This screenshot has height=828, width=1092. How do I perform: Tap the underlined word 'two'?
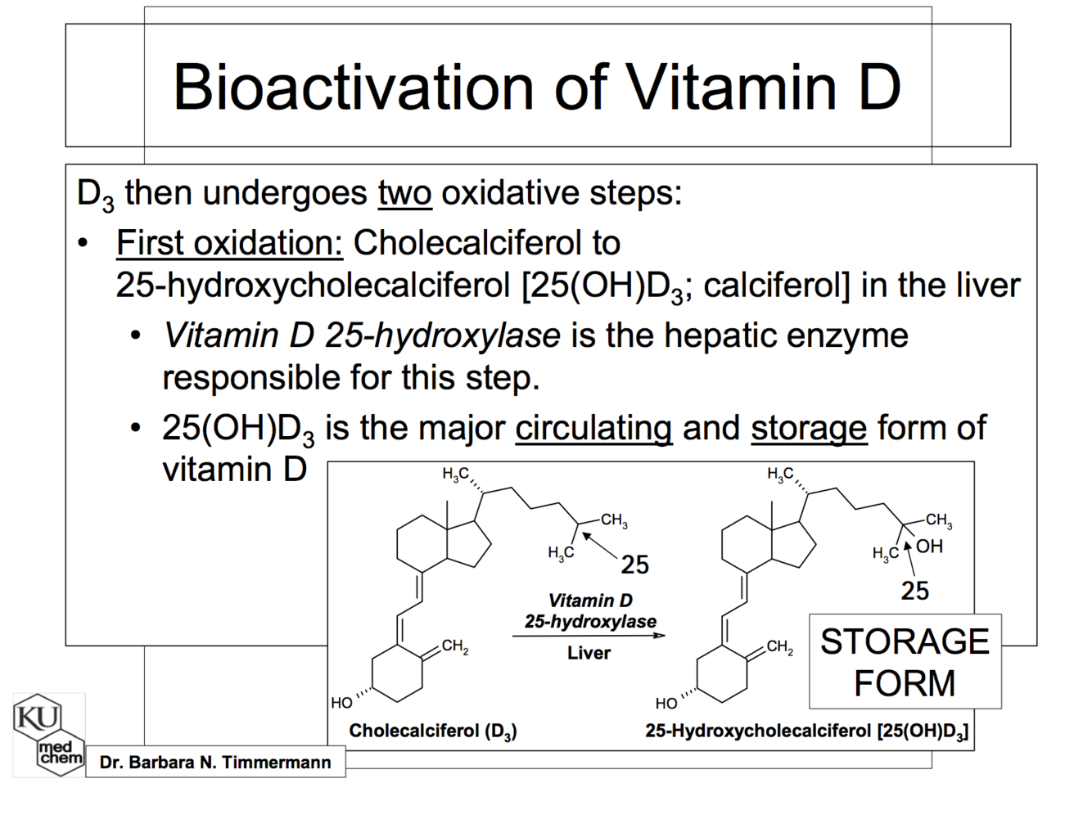coord(404,193)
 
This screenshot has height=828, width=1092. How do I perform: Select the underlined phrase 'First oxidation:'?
coord(229,243)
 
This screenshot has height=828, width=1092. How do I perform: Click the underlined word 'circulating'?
coord(593,428)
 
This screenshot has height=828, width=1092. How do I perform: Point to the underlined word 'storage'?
coord(808,428)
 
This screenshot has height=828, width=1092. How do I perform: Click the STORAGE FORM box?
coord(905,661)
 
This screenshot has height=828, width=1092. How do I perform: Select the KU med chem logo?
coord(49,735)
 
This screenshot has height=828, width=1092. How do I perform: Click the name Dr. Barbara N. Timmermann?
coord(215,763)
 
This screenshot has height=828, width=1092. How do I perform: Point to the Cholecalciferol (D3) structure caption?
coord(432,731)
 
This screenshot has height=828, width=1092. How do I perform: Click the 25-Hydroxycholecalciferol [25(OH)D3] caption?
coord(806,731)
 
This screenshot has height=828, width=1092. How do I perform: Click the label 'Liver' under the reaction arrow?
coord(589,653)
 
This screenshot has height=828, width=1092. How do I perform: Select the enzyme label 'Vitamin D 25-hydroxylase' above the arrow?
coord(590,611)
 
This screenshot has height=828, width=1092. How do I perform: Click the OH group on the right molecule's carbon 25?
coord(929,546)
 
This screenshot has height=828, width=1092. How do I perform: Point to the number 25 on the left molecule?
coord(634,565)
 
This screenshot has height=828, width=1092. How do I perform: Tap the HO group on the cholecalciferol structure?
coord(341,703)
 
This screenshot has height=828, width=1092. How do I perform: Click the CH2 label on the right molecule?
coord(779,648)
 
